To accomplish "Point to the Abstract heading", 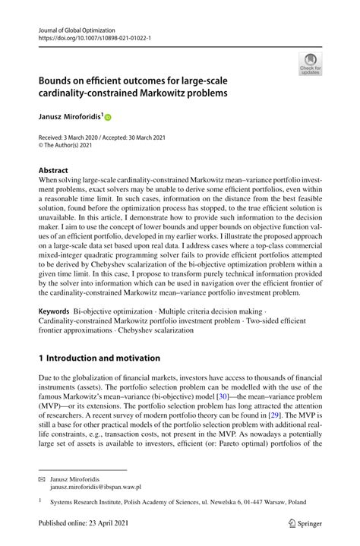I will point(53,171).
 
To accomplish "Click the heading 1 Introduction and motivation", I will point(99,358).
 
